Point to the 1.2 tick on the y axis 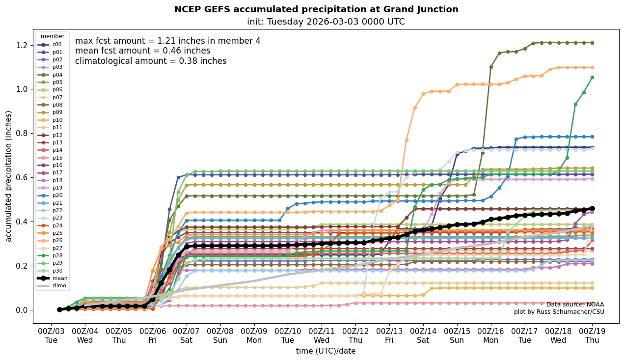tap(22, 45)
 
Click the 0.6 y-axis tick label tap(22, 177)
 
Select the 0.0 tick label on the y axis tap(22, 310)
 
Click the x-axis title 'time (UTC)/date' tap(326, 351)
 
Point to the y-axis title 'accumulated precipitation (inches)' tap(9, 176)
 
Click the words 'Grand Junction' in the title tap(421, 9)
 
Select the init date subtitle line tap(326, 22)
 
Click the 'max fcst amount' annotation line tap(168, 41)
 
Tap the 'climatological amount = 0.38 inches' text tap(151, 61)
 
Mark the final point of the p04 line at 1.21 tap(592, 43)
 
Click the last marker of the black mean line tap(592, 208)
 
